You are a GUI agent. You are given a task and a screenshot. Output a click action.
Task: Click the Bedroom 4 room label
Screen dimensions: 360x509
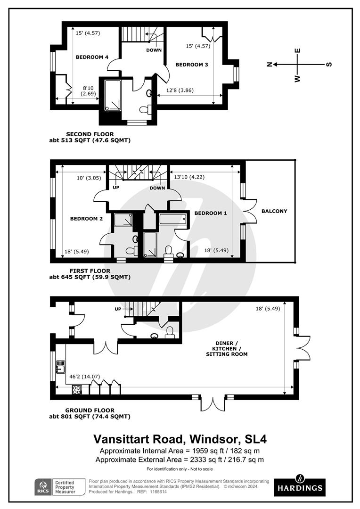pyautogui.click(x=92, y=57)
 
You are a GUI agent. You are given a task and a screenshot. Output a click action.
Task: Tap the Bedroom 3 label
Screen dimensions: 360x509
pyautogui.click(x=191, y=65)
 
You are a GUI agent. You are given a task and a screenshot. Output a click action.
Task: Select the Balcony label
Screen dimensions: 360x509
pyautogui.click(x=274, y=211)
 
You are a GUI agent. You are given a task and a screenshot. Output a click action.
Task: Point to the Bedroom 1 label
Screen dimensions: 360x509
pyautogui.click(x=211, y=213)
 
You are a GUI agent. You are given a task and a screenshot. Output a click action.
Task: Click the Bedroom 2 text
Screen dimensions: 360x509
pyautogui.click(x=86, y=219)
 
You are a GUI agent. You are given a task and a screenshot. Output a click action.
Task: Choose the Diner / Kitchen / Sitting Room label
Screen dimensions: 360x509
pyautogui.click(x=227, y=349)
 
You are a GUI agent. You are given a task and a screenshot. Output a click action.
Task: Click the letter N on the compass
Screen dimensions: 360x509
pyautogui.click(x=269, y=64)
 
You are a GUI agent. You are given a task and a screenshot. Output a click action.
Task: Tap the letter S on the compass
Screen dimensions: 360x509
pyautogui.click(x=329, y=64)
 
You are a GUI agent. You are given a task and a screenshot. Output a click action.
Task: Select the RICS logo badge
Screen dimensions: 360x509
pyautogui.click(x=43, y=487)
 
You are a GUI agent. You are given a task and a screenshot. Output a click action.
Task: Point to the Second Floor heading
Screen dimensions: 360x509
pyautogui.click(x=90, y=134)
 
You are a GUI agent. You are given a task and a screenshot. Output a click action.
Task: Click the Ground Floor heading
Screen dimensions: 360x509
pyautogui.click(x=90, y=410)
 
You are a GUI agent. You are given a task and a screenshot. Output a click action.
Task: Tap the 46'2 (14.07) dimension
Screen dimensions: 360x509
pyautogui.click(x=85, y=377)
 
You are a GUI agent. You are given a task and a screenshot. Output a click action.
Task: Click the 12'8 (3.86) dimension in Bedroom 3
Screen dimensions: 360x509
pyautogui.click(x=180, y=90)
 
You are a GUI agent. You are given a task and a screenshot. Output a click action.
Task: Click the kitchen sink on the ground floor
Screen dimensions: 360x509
pyautogui.click(x=61, y=367)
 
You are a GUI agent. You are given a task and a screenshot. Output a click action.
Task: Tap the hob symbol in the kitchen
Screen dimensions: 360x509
pyautogui.click(x=77, y=390)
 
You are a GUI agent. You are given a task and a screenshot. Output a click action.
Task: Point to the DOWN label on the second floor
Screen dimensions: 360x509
pyautogui.click(x=154, y=50)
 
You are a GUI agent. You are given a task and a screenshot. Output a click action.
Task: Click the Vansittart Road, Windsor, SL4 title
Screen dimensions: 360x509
pyautogui.click(x=180, y=439)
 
